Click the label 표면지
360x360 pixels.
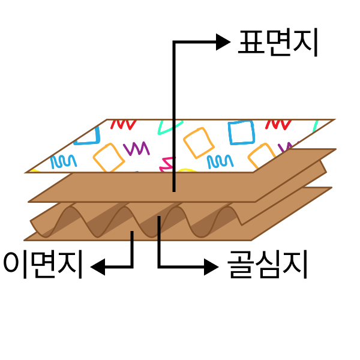coord(278,42)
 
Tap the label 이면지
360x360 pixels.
coord(43,265)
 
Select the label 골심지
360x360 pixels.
coord(267,265)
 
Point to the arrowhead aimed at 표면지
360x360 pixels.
coord(223,42)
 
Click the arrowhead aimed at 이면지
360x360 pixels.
coord(98,267)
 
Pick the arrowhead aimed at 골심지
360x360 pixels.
coord(211,267)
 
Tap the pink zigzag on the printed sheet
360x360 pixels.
coord(167,164)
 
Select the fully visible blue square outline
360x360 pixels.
coord(241,133)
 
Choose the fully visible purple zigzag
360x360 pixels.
coord(136,148)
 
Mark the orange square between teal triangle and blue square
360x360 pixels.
coord(199,143)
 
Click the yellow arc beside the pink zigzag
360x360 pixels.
coord(187,170)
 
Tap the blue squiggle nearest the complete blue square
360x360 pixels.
coord(220,161)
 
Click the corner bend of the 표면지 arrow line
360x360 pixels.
coord(174,42)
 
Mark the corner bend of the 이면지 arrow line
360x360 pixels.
coord(132,267)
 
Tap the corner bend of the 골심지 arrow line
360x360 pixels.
coord(159,267)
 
